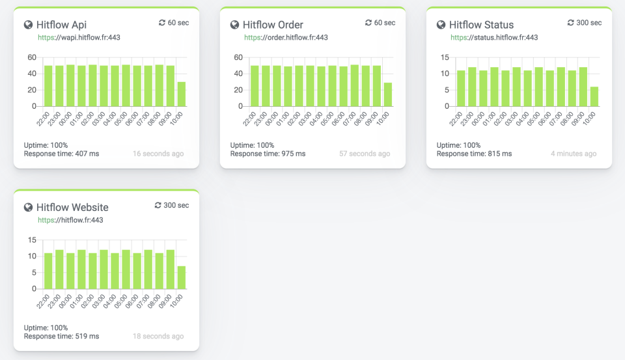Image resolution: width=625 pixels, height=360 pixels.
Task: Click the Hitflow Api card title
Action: tap(61, 25)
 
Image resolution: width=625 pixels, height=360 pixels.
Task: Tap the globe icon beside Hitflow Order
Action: tap(235, 25)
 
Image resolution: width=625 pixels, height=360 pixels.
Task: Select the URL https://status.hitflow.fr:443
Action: tap(494, 38)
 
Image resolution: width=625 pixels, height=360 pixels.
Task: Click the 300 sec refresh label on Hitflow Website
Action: tap(172, 205)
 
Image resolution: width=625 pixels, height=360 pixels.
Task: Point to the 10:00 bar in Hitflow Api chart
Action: tap(181, 94)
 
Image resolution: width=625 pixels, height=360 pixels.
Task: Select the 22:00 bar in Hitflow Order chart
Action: tap(255, 85)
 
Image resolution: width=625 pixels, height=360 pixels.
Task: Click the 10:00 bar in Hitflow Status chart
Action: tap(594, 96)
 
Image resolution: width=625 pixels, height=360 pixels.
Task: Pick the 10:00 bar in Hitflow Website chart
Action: tap(181, 277)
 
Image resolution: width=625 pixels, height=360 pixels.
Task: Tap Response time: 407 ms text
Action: tap(61, 154)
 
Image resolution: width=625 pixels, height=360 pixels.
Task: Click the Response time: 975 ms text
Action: tap(268, 154)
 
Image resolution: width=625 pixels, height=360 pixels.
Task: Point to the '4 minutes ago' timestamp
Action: tap(573, 154)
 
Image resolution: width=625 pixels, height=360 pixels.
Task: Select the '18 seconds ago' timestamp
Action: tap(158, 337)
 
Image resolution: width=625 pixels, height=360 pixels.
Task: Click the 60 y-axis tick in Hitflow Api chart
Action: tap(31, 57)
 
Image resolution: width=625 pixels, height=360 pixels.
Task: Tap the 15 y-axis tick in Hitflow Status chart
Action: tap(444, 57)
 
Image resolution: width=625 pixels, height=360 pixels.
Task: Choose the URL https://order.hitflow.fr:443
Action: tap(286, 38)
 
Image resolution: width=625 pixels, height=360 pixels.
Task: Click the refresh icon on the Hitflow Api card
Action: tap(162, 23)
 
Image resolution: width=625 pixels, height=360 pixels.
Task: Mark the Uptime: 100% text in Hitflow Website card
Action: tap(46, 328)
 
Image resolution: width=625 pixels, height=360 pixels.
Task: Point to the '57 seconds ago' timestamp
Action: tap(364, 154)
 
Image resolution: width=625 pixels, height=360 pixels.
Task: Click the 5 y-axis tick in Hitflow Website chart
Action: tap(33, 272)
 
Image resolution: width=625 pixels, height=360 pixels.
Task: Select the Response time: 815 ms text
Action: tap(474, 154)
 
